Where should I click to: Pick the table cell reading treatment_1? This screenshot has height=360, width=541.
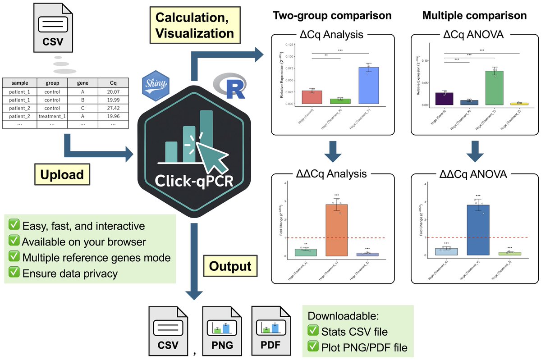click(x=52, y=116)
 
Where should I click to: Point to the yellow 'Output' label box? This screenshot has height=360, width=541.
click(x=230, y=266)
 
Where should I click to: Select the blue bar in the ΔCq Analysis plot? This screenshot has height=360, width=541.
click(x=369, y=86)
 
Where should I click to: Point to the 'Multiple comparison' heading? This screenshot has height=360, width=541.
click(x=474, y=15)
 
